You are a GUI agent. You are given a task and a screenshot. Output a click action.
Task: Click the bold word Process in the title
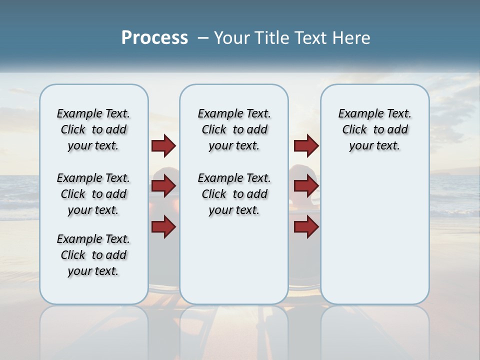click(x=154, y=38)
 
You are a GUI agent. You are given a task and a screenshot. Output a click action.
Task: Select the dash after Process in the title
click(x=203, y=38)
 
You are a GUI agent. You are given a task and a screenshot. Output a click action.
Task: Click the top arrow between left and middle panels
click(x=163, y=145)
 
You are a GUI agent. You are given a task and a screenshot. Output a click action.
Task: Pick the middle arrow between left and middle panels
click(x=163, y=186)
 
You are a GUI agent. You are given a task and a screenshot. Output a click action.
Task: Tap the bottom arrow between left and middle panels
click(x=163, y=226)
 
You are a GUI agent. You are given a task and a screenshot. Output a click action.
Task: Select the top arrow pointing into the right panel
click(x=306, y=145)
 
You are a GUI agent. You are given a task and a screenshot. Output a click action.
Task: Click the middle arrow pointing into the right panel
click(x=306, y=186)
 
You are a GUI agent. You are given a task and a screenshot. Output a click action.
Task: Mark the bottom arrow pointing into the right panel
click(x=306, y=226)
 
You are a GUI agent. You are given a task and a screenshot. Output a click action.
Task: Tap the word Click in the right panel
click(x=354, y=129)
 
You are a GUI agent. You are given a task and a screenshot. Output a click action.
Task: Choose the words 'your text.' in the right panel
click(x=374, y=146)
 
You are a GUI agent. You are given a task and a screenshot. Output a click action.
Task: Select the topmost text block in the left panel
click(x=93, y=129)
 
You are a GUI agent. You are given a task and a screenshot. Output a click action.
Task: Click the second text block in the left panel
click(x=93, y=194)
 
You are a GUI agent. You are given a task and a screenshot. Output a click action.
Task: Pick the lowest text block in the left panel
click(x=93, y=255)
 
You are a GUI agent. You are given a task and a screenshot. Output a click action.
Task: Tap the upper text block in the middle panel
click(x=234, y=129)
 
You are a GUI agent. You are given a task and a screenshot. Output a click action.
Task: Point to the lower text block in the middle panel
click(x=234, y=194)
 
